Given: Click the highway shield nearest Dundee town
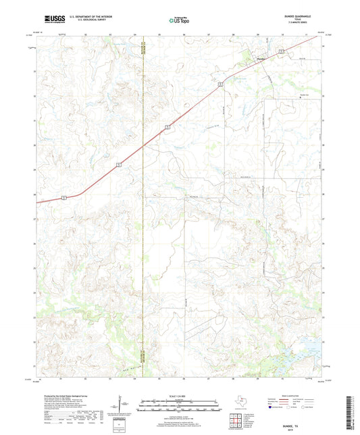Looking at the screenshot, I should pos(280,51).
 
